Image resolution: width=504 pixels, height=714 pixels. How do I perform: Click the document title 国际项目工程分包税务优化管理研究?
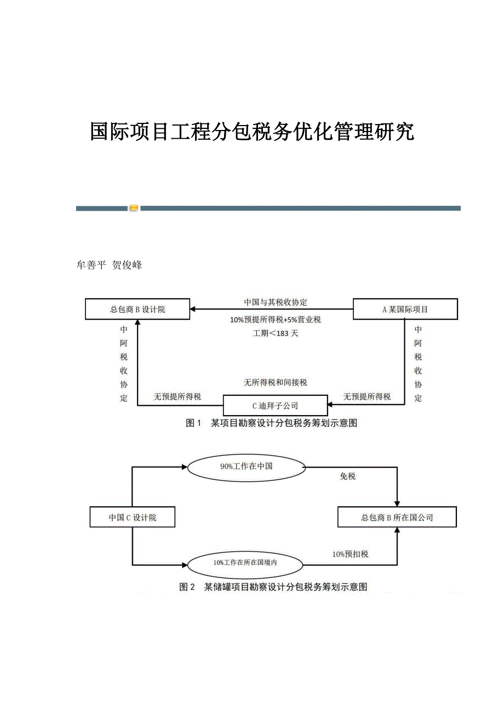[252, 132]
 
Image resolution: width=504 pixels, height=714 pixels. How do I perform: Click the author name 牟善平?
[90, 265]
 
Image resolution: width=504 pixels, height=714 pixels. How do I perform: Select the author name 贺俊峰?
[127, 265]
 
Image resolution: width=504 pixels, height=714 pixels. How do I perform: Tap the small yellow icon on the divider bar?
[134, 208]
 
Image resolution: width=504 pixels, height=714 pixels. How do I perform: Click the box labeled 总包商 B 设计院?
[138, 309]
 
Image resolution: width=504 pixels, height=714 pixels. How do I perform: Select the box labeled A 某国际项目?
[405, 309]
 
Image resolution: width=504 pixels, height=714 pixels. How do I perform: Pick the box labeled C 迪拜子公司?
[275, 406]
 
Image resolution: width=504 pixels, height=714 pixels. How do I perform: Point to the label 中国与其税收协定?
[276, 302]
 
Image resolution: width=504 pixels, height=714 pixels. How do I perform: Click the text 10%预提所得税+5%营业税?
[276, 320]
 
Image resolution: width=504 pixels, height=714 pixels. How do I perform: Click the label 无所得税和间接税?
[276, 382]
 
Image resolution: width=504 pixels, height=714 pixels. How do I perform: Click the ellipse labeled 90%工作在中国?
[247, 467]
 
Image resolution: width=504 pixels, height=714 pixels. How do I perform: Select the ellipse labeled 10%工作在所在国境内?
[246, 563]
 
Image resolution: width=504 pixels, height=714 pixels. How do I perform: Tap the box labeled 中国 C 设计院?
[132, 517]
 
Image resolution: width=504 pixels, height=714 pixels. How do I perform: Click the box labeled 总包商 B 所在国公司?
[397, 517]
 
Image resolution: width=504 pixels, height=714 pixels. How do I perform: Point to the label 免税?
[348, 477]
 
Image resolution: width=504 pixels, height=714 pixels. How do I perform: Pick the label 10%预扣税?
[350, 554]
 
